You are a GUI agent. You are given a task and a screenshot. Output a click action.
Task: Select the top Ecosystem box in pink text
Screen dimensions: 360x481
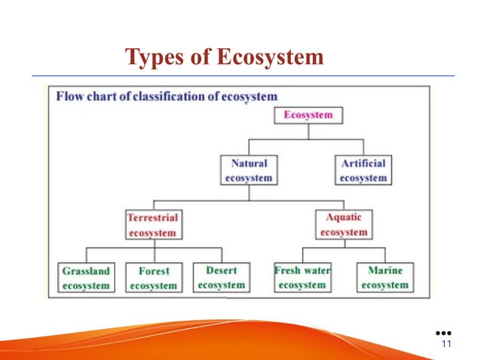[308, 115]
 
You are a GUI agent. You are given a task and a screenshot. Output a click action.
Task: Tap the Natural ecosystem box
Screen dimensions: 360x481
[249, 170]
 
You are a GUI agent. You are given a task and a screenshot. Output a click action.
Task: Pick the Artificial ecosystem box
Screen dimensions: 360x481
[363, 170]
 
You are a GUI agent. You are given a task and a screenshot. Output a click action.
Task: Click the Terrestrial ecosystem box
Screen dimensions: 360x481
[153, 224]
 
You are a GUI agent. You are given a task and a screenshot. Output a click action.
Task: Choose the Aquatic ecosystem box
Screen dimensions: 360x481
[343, 224]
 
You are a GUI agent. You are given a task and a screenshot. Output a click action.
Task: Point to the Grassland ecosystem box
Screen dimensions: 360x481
[85, 278]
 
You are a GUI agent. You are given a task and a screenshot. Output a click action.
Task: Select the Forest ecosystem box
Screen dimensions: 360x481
[153, 278]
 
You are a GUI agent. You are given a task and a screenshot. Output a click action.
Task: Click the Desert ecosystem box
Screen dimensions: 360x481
[220, 277]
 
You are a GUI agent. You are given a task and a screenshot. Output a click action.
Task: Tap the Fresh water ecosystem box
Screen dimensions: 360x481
[302, 277]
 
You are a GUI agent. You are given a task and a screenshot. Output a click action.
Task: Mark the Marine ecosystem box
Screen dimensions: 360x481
[384, 277]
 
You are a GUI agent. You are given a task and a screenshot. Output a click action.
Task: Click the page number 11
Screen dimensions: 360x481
[444, 344]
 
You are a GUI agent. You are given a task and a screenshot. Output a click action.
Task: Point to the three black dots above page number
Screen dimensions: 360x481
[443, 332]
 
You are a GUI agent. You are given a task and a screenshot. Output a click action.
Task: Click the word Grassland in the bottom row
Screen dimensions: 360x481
[85, 271]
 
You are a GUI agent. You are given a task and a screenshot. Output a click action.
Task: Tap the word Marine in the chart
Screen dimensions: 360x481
[384, 270]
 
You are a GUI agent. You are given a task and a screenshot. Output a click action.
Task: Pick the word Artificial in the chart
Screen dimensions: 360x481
[363, 163]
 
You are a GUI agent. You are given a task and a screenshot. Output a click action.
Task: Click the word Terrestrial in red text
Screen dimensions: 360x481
[153, 218]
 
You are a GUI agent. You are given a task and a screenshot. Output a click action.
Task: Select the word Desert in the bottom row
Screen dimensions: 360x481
[220, 270]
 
